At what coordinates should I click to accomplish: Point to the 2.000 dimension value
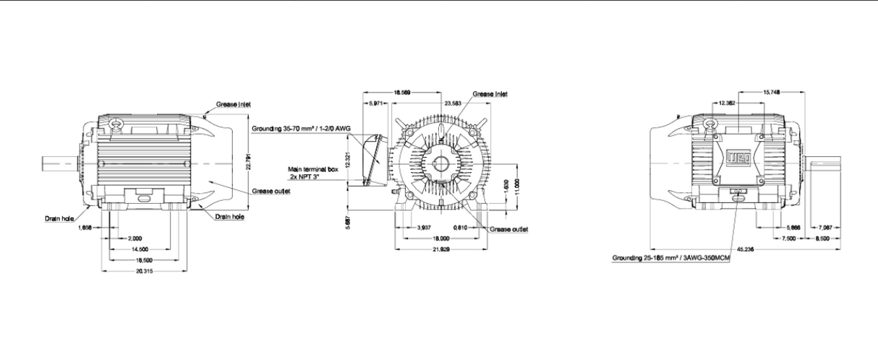click(135, 238)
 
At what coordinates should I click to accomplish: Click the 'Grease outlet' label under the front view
click(509, 229)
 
